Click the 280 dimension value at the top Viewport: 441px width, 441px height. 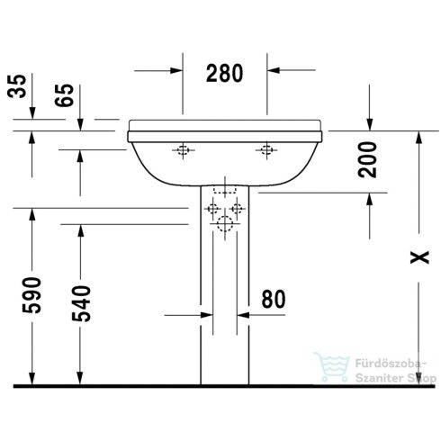[225, 74]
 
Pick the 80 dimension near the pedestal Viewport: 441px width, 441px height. [273, 298]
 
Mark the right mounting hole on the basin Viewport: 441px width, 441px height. [265, 150]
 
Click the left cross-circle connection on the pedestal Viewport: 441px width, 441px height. [213, 209]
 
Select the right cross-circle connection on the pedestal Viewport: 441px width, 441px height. [238, 209]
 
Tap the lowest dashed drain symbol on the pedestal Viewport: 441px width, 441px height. [225, 227]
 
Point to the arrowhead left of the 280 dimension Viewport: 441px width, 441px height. [176, 68]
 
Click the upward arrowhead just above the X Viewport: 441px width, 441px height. [418, 137]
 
